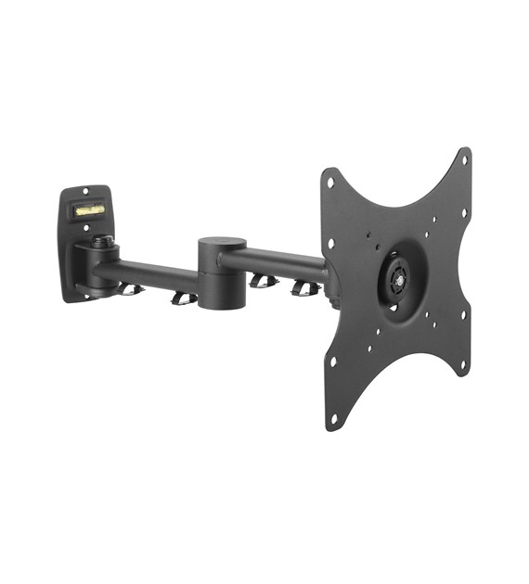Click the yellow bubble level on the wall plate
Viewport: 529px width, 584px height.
point(89,210)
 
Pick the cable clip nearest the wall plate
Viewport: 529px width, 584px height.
point(131,288)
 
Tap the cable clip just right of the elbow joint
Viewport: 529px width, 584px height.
point(264,280)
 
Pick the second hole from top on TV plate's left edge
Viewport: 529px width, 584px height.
point(329,244)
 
